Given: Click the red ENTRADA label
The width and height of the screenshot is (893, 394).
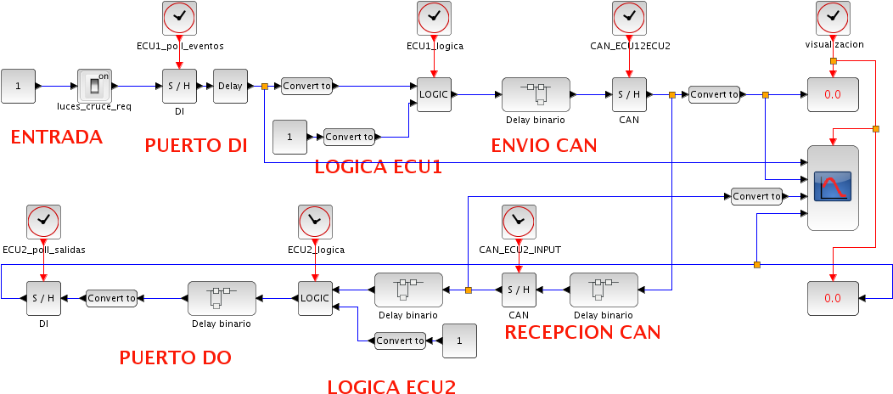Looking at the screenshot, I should pos(56,137).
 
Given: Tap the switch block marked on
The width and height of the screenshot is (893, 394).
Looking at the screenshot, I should pos(94,86).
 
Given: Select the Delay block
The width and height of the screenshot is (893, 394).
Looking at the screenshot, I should pos(230,86).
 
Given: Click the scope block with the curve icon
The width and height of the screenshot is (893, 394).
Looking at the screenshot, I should pos(832,187).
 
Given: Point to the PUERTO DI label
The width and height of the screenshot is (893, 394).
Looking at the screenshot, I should pos(196,145).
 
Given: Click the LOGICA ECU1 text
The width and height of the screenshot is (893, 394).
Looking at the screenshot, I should pos(379,166).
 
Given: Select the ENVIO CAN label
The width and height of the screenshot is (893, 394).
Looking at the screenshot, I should pos(544,145).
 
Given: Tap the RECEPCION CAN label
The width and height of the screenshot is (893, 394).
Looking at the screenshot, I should pos(582,332).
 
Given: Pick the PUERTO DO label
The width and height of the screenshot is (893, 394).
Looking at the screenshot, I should pos(175,357).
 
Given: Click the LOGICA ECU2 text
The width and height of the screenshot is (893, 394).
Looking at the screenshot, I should pos(391,386).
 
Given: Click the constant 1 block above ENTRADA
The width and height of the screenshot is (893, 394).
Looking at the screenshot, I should pos(18,86).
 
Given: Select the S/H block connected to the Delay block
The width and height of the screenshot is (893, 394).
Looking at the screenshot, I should pos(179,86).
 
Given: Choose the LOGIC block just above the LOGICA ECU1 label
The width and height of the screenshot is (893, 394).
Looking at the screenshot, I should pos(434,94).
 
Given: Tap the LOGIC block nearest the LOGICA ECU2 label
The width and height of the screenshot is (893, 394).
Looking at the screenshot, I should pos(315,298).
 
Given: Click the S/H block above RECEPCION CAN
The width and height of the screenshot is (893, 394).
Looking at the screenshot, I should pos(519,290).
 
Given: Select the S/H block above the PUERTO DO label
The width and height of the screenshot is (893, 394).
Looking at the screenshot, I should pos(43,298).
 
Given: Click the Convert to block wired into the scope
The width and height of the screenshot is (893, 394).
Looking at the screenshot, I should pos(756,196).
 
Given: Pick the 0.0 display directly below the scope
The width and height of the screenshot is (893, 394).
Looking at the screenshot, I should pos(832,298).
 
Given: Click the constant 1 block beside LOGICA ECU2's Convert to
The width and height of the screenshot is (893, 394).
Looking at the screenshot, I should pos(459,341).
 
